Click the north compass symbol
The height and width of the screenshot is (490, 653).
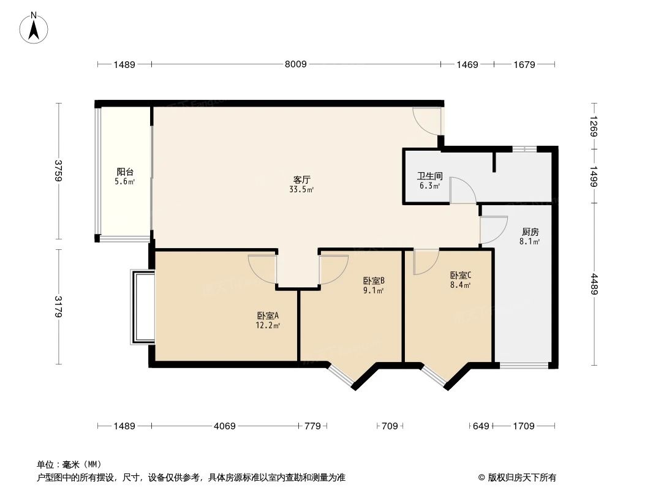[34, 27]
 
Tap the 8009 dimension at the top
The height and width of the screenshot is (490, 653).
[296, 64]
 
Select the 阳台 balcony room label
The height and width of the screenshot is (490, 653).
[125, 172]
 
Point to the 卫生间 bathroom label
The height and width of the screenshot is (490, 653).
[429, 175]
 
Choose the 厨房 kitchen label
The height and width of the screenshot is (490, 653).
[530, 232]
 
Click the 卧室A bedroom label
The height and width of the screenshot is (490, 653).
[268, 315]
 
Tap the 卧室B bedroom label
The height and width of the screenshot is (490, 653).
[373, 281]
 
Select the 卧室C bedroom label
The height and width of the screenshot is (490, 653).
[460, 276]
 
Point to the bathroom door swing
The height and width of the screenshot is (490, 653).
[462, 190]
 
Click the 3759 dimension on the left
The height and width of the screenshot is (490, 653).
[59, 171]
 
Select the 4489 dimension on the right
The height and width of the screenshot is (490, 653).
[594, 284]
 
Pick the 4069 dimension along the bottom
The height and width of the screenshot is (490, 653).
[225, 426]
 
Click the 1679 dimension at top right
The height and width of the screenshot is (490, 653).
[524, 64]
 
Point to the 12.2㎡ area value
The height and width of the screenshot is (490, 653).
[268, 326]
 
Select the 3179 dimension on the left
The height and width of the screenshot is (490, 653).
[59, 306]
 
